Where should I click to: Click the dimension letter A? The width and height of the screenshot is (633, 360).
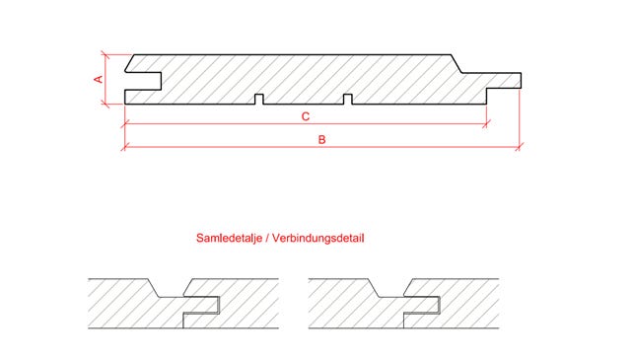pos(99,78)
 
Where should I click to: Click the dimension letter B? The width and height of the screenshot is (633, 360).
pos(321,140)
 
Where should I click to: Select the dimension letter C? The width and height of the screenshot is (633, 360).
pos(306,116)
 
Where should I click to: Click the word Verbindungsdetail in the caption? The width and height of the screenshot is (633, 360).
pos(316,239)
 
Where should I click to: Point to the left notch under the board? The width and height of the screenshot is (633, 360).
pos(258,99)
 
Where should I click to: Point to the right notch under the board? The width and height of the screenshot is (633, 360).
pos(347,99)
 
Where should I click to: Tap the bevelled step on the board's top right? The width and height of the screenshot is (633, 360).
pos(460,64)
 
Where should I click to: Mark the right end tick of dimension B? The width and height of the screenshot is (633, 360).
pos(520,148)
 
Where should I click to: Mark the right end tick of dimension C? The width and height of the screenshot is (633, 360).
pos(486,124)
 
